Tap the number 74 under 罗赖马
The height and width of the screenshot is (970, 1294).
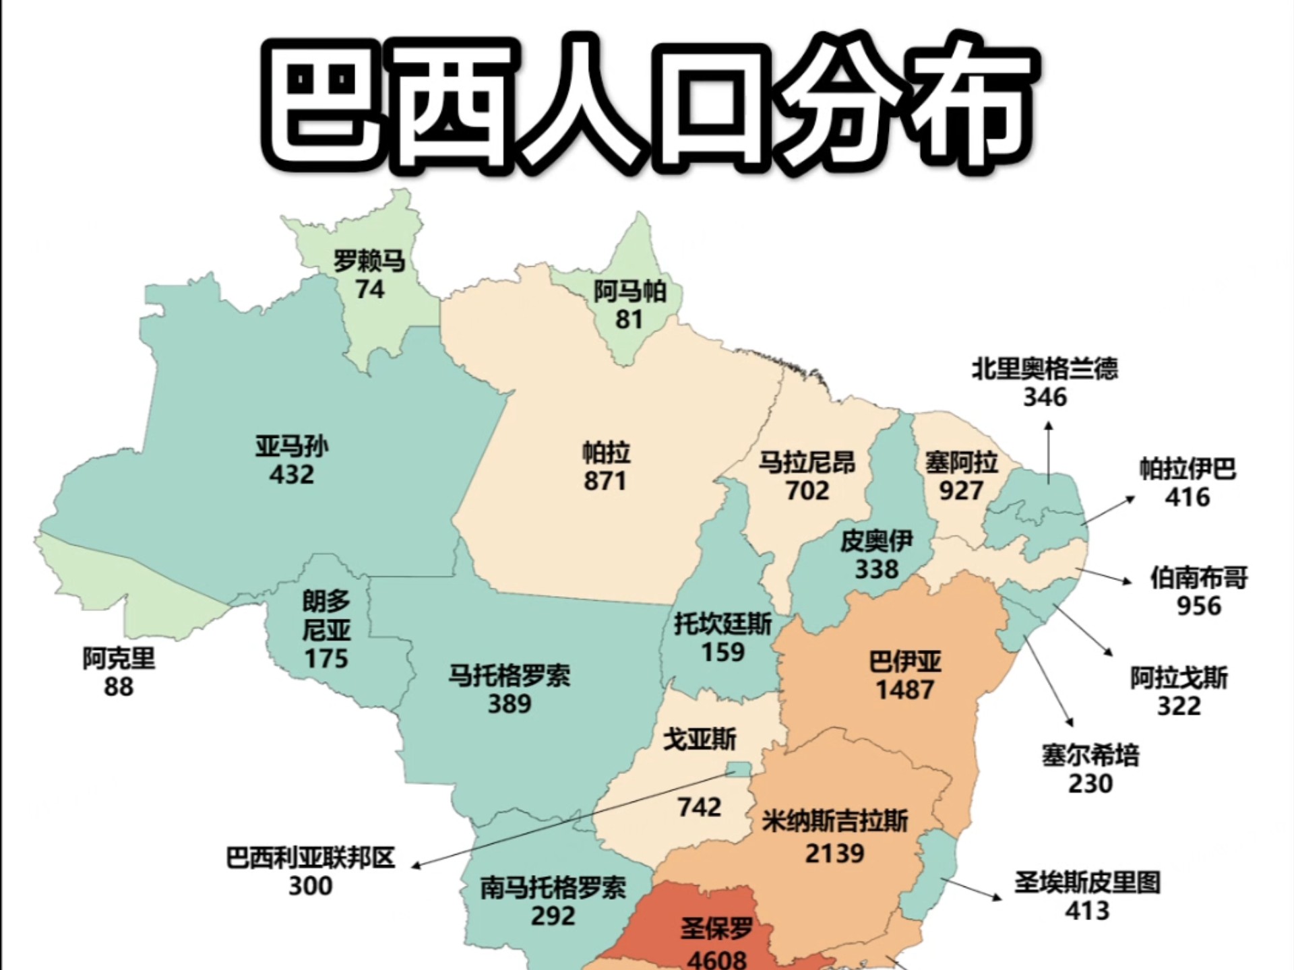[x=369, y=289]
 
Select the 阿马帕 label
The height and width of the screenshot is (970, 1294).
[x=629, y=291]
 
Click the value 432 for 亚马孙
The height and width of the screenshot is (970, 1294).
[x=291, y=474]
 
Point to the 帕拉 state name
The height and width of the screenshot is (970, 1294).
[x=606, y=453]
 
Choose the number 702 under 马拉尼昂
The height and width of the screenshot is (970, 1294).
[x=807, y=490]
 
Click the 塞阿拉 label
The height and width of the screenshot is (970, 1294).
[x=960, y=463]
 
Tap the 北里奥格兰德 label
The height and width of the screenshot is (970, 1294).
[x=1045, y=368]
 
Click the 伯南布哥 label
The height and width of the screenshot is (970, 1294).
[x=1198, y=577]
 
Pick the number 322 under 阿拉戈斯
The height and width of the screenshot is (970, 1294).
[x=1179, y=705]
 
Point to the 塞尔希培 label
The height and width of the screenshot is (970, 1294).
[x=1090, y=755]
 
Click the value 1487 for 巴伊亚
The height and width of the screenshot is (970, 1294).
[x=904, y=690]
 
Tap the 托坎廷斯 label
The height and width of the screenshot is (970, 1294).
[x=722, y=624]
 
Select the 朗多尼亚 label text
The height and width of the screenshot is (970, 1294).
[x=326, y=615]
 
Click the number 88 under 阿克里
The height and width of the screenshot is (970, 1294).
[x=119, y=686]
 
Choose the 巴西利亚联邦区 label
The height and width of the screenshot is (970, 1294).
[x=310, y=858]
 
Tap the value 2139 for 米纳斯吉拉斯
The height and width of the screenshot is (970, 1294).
[x=834, y=853]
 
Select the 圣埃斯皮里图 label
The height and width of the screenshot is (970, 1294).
[x=1087, y=882]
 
